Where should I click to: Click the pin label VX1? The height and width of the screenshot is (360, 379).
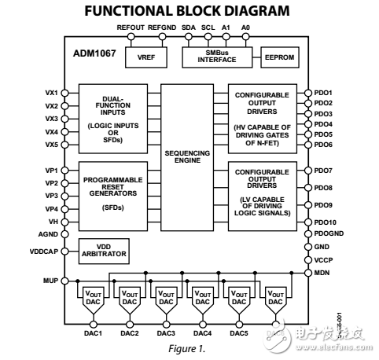[52, 93]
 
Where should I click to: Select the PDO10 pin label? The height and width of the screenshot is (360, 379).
[326, 222]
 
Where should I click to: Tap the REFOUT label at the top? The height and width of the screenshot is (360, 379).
[131, 27]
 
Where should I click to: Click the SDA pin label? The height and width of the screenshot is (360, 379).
[189, 27]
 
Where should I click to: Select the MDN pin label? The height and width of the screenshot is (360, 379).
[322, 272]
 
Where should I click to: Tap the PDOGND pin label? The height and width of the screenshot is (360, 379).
[328, 233]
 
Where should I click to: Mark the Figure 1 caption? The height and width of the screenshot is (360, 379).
[189, 347]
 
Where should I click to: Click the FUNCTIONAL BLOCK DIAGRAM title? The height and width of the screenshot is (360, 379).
[189, 10]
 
